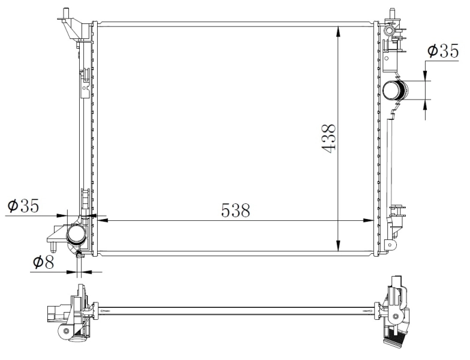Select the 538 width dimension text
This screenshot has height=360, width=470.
click(x=235, y=211)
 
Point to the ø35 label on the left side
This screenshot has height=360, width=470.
click(x=23, y=207)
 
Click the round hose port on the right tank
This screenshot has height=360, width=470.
click(x=394, y=91)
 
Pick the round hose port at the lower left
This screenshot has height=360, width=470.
click(x=76, y=234)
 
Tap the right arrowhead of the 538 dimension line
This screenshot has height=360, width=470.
click(x=370, y=221)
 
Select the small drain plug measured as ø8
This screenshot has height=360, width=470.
click(x=79, y=256)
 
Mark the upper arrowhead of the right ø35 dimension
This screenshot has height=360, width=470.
click(x=426, y=77)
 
